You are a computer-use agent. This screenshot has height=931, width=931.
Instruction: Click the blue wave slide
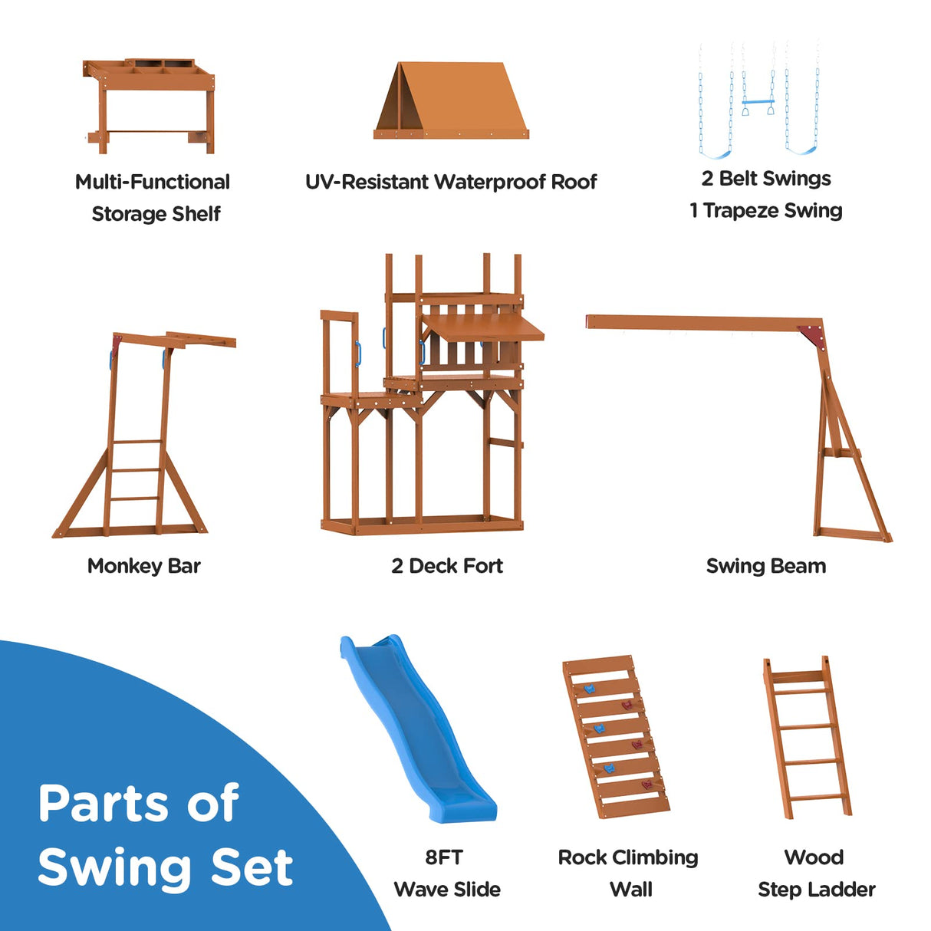(418, 729)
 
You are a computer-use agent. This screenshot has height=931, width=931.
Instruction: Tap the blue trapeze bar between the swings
(758, 102)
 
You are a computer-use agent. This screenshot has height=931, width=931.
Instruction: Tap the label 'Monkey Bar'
(143, 566)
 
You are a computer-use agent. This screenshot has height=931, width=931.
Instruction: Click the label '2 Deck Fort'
(447, 566)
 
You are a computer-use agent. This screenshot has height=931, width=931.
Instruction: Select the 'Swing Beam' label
(766, 566)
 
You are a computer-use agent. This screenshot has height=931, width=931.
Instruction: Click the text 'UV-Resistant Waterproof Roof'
(451, 182)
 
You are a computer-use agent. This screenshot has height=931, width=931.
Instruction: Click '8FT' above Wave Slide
(444, 857)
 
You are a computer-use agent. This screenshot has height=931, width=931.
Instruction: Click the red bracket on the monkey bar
(117, 344)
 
